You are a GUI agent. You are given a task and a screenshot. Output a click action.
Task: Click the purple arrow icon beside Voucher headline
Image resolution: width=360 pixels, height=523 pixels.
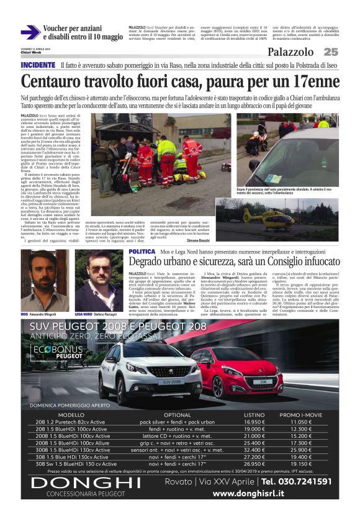30,32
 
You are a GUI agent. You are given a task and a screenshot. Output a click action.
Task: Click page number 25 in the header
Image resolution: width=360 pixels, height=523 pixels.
331,52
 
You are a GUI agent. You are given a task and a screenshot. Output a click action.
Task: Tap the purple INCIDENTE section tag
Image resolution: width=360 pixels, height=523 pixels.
38,65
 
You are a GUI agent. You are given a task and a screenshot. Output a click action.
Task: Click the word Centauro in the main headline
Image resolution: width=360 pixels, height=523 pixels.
52,81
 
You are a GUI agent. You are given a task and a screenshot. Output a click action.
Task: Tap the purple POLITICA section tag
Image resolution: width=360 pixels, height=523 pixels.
143,252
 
